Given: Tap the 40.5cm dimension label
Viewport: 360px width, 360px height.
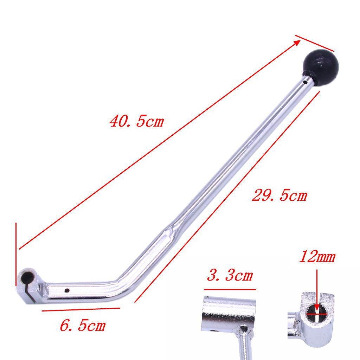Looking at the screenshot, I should pyautogui.click(x=137, y=122).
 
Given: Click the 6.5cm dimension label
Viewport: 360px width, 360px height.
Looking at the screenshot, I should pyautogui.click(x=83, y=326).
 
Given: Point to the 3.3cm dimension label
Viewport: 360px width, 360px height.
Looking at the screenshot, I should pyautogui.click(x=230, y=275).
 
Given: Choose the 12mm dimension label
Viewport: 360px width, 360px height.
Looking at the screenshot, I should pyautogui.click(x=317, y=257).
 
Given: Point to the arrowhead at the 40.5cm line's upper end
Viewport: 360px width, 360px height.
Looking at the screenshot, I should pyautogui.click(x=297, y=42).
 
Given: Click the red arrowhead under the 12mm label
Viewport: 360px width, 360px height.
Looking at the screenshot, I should pyautogui.click(x=317, y=308).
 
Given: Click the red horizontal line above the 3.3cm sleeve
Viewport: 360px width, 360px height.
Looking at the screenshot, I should pyautogui.click(x=230, y=290).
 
